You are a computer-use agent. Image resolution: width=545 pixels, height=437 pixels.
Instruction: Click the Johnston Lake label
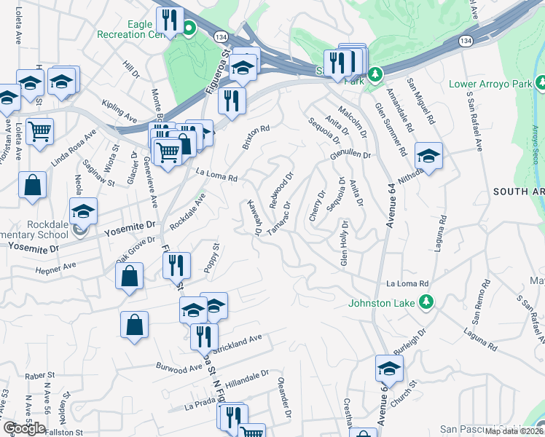pyautogui.click(x=381, y=302)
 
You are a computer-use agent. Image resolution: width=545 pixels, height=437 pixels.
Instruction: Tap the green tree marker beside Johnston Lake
pyautogui.click(x=429, y=302)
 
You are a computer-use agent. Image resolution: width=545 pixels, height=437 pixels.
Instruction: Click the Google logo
pyautogui.click(x=24, y=428)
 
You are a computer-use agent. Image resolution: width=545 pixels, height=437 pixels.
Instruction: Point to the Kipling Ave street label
pyautogui.click(x=119, y=111)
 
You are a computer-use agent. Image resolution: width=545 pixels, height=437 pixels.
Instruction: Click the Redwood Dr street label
pyautogui.click(x=281, y=189)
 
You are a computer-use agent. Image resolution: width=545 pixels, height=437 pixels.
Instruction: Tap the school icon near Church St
pyautogui.click(x=389, y=369)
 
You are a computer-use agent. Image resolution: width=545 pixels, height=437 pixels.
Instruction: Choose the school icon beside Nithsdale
pyautogui.click(x=428, y=156)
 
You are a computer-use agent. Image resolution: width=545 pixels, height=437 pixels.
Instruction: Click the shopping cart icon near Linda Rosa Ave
pyautogui.click(x=39, y=132)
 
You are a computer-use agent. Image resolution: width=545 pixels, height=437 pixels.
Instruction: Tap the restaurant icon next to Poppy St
pyautogui.click(x=177, y=266)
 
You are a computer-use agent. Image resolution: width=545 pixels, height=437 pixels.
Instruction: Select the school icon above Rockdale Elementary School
pyautogui.click(x=84, y=211)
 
